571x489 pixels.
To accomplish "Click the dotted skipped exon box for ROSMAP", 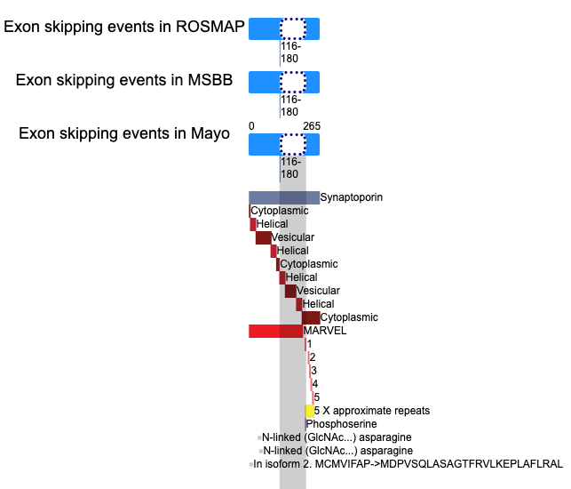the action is (x=293, y=28).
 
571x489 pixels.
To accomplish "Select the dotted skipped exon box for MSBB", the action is (x=293, y=82).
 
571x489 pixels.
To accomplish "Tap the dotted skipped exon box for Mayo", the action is (x=293, y=144).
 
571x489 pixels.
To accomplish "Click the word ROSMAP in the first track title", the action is (x=210, y=27).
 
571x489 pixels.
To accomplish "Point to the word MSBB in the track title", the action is (x=210, y=80).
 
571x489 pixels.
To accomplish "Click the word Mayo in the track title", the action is (x=210, y=133).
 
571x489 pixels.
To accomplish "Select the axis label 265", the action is (x=312, y=126).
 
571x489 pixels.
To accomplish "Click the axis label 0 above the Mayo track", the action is (x=251, y=126).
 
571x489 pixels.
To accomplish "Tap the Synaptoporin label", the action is (x=352, y=197).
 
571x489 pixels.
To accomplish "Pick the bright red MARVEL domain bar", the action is (x=275, y=331).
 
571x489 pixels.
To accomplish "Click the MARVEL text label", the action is (x=325, y=331).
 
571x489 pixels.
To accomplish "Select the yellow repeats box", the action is (x=310, y=411).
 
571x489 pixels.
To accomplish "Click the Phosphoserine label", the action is (x=342, y=424).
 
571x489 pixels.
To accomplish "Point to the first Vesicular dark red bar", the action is (x=263, y=237).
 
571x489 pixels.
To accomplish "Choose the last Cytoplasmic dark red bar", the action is (x=311, y=317).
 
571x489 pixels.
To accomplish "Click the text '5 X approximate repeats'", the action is (x=372, y=411).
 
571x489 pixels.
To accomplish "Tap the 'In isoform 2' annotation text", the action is (x=408, y=464).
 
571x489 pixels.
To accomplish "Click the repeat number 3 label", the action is (x=313, y=371).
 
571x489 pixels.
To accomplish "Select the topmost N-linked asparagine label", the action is (x=337, y=437).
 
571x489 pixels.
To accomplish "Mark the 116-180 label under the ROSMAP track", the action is (x=290, y=52).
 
